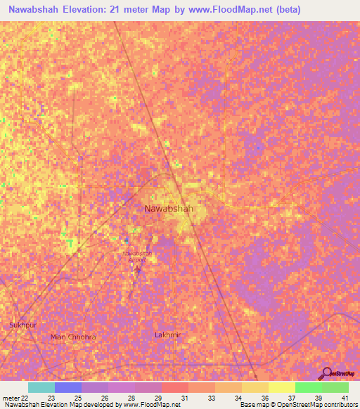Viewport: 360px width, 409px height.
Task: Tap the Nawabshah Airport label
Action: pos(137,256)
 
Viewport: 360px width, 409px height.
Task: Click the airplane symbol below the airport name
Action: pos(138,268)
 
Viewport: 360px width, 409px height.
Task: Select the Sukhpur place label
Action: pos(22,325)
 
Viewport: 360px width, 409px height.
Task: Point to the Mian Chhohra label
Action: pos(73,337)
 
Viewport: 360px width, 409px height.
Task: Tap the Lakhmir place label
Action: pos(167,335)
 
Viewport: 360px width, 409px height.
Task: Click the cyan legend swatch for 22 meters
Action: pos(41,387)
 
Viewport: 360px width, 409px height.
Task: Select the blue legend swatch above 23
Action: pos(68,387)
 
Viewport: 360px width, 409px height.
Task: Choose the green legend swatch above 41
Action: pos(335,387)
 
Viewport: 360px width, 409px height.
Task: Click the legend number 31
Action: pos(184,397)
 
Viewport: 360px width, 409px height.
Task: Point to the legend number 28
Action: pos(131,397)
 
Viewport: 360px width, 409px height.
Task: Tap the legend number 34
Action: pos(238,397)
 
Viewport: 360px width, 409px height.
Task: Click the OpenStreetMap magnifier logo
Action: pos(326,374)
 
